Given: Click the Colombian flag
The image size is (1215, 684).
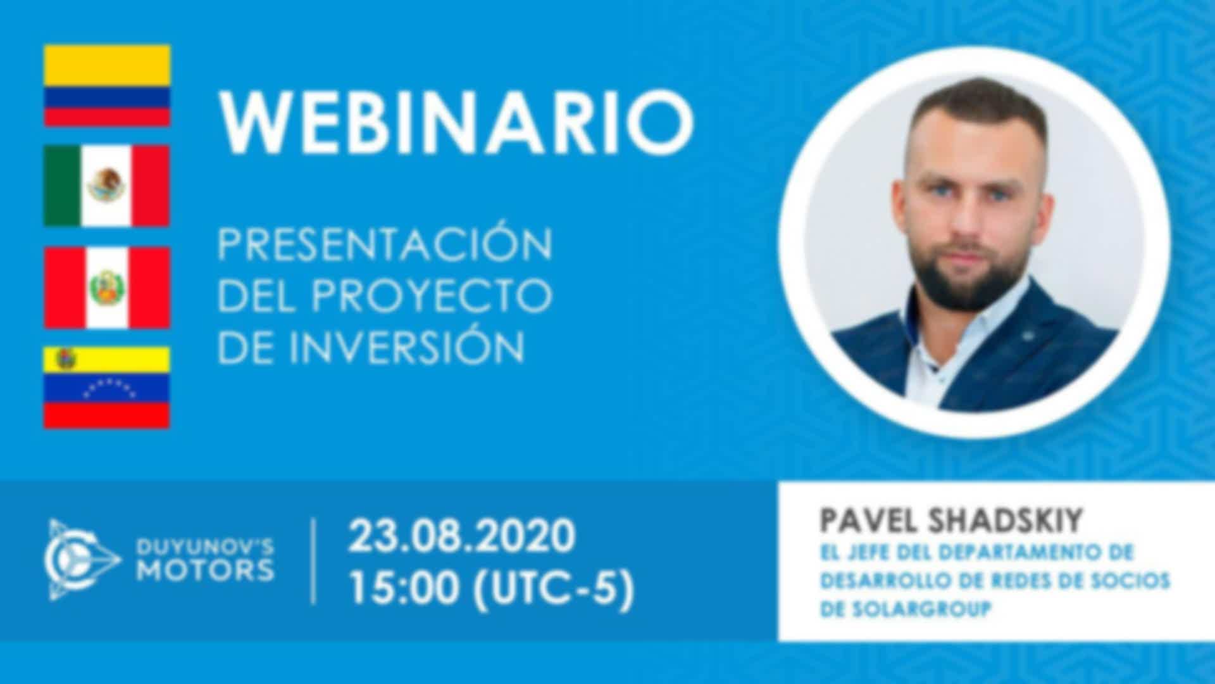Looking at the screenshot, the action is (x=107, y=85).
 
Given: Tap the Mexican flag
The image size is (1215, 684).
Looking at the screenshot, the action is (x=107, y=186).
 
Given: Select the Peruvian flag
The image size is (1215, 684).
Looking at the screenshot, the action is (x=107, y=288).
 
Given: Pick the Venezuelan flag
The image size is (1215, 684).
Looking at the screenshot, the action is (x=107, y=388).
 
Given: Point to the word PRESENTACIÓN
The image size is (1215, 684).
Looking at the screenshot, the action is (x=385, y=243).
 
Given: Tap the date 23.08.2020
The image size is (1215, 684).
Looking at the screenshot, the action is (x=462, y=536).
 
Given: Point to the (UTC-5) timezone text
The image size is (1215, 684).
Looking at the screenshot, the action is (x=553, y=590).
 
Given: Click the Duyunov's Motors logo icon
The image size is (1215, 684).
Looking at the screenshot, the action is (x=82, y=560).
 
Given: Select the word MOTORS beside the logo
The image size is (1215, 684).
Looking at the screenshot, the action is (x=206, y=571).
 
